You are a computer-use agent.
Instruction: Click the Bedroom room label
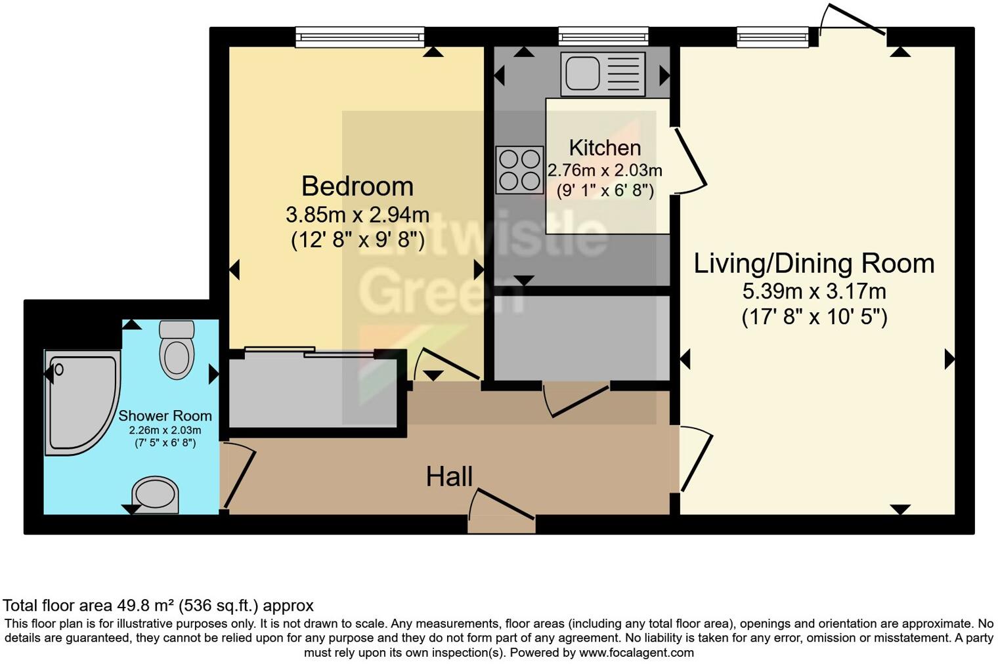[x=357, y=186]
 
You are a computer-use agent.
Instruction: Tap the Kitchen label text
[x=605, y=148]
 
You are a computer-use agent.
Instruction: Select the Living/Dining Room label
[x=814, y=263]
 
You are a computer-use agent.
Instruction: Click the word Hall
[x=449, y=477]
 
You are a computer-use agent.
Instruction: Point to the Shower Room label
[x=165, y=415]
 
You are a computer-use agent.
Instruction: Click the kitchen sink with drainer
[x=603, y=74]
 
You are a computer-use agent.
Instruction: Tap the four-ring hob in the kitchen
[x=519, y=170]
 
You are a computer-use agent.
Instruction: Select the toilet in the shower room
[x=177, y=350]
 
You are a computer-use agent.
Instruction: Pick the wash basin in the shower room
[x=156, y=494]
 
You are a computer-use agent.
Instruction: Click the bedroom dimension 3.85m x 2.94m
[x=357, y=215]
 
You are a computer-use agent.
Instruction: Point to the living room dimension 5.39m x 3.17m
[x=814, y=291]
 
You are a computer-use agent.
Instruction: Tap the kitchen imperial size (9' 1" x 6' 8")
[x=605, y=191]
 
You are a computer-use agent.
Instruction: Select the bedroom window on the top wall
[x=360, y=37]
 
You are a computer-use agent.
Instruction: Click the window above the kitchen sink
[x=603, y=37]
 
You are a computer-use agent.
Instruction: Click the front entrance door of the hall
[x=502, y=512]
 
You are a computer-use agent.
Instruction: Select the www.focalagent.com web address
[x=636, y=653]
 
